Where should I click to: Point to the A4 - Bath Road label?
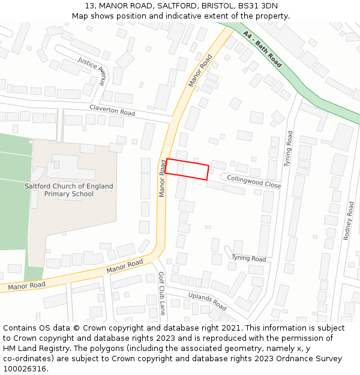click(262, 49)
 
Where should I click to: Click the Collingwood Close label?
click(254, 182)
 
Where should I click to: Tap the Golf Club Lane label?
click(161, 293)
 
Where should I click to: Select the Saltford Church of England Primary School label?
click(69, 190)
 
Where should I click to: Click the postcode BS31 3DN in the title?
click(257, 5)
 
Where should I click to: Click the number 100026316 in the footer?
click(25, 369)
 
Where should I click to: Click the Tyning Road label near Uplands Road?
click(248, 259)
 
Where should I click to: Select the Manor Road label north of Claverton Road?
click(200, 71)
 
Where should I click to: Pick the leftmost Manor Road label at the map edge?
click(27, 286)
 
